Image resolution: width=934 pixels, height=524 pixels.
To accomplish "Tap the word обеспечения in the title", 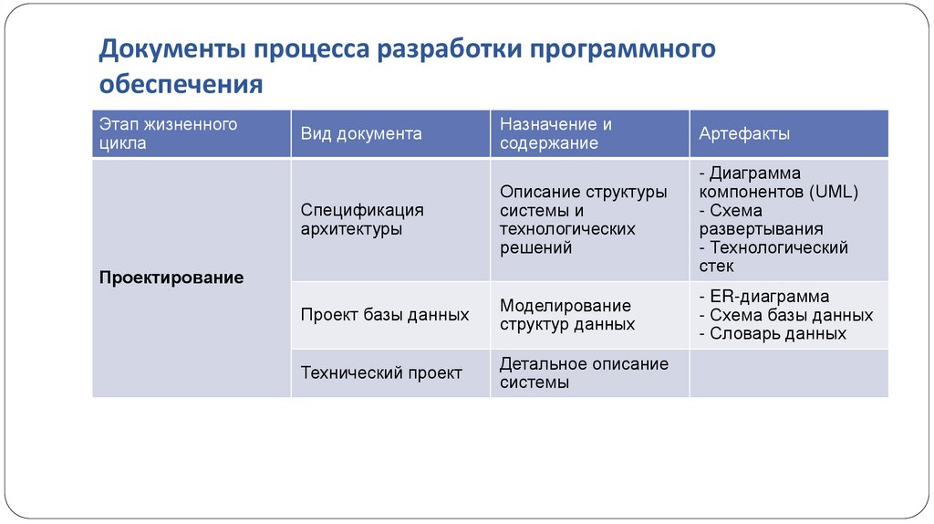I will coord(181,85).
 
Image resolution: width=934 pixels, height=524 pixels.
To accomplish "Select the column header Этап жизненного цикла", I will coord(169,133).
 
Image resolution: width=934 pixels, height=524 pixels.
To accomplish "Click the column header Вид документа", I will coord(361,134).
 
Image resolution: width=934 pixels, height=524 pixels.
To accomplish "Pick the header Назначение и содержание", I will coord(555,133).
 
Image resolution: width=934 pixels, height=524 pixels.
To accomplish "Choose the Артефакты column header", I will coord(744,134).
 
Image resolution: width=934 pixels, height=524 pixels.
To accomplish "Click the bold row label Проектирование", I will coord(171,278).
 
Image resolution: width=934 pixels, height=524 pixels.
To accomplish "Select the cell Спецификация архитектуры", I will coord(362,220).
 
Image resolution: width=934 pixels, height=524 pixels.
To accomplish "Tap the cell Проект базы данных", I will coord(385,315).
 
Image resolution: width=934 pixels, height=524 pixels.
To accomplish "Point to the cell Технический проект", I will coord(381,372).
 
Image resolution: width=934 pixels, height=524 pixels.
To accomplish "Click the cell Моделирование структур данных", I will coord(566,315).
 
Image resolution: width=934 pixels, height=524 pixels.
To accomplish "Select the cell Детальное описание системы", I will coord(584,372).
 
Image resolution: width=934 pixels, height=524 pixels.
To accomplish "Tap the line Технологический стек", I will coord(773,257).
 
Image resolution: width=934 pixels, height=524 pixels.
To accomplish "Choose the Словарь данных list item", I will coord(777,333).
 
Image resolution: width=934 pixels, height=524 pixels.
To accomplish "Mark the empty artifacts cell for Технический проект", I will coord(788,372).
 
